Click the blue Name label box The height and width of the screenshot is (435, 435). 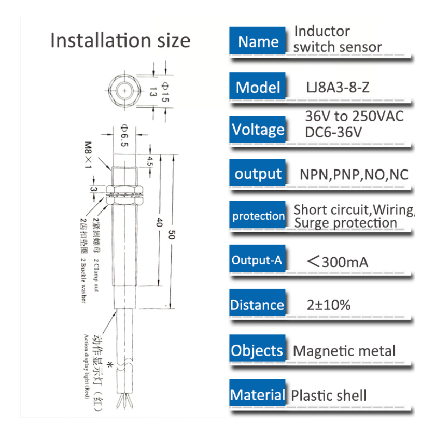coord(258,42)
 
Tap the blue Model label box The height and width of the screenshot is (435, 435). coord(258,87)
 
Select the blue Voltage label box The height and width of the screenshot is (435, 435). coord(258,129)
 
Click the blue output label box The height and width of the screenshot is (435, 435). coord(258,174)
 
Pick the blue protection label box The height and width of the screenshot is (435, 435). coord(258,216)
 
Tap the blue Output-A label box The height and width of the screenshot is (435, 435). coord(257,260)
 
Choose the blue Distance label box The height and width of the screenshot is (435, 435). coord(257,305)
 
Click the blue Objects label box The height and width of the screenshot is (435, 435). coord(257,351)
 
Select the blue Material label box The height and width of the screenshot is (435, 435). coord(257,395)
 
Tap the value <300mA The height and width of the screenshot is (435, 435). coord(338,262)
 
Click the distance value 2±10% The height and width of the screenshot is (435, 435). coord(328,305)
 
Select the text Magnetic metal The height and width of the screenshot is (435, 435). coord(344,351)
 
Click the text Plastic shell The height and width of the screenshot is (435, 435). coord(329,396)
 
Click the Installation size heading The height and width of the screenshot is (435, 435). coord(120,41)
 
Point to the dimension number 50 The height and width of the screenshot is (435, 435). coord(171,235)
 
